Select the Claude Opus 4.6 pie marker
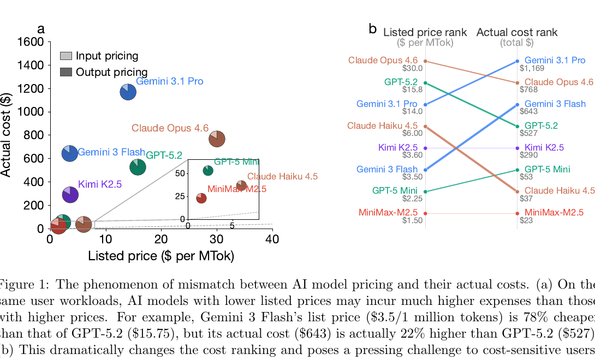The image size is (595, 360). click(217, 139)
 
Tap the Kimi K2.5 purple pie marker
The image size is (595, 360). click(70, 194)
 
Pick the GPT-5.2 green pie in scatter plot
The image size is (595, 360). click(138, 167)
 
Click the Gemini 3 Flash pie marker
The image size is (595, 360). click(69, 153)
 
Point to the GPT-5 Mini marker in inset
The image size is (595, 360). click(208, 171)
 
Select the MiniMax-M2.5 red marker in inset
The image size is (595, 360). click(201, 198)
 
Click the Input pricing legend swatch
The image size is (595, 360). click(66, 56)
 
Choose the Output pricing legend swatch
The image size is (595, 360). click(66, 72)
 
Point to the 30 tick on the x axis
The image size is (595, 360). click(217, 240)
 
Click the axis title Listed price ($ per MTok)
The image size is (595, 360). click(161, 256)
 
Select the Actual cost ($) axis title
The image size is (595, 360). click(6, 135)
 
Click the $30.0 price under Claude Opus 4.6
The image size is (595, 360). click(412, 68)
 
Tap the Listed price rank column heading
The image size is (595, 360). click(425, 32)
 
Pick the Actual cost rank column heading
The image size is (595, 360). click(517, 32)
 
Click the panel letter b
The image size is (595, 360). click(373, 29)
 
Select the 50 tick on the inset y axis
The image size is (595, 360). click(182, 173)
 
